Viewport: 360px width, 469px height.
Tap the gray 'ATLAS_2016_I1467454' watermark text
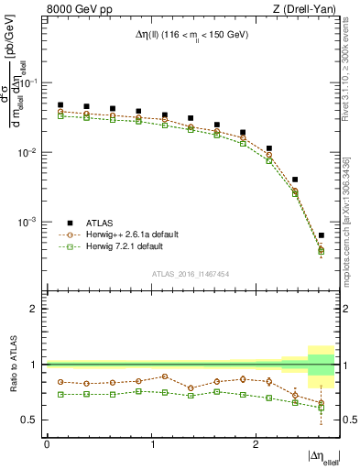(x=190, y=274)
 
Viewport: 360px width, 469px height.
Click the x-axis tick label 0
(x=47, y=443)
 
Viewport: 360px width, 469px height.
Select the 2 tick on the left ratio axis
(x=37, y=309)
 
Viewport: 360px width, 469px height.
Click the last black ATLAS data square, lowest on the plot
(x=321, y=235)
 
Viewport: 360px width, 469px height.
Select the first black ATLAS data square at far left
(x=60, y=105)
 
